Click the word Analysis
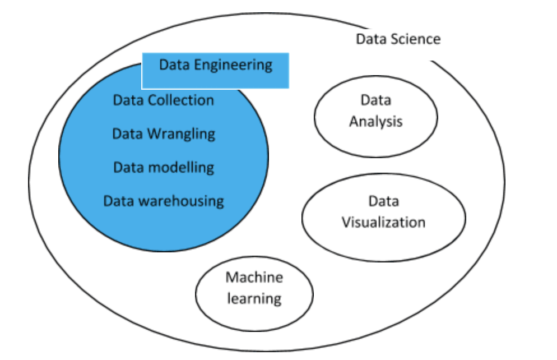tap(376, 122)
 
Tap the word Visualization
tap(384, 222)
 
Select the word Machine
tap(254, 277)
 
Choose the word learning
tap(254, 298)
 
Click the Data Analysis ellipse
tap(376, 140)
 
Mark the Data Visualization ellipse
tap(384, 241)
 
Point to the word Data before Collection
tap(128, 100)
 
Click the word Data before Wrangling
tap(128, 134)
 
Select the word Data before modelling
tap(129, 167)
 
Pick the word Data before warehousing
tap(119, 201)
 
